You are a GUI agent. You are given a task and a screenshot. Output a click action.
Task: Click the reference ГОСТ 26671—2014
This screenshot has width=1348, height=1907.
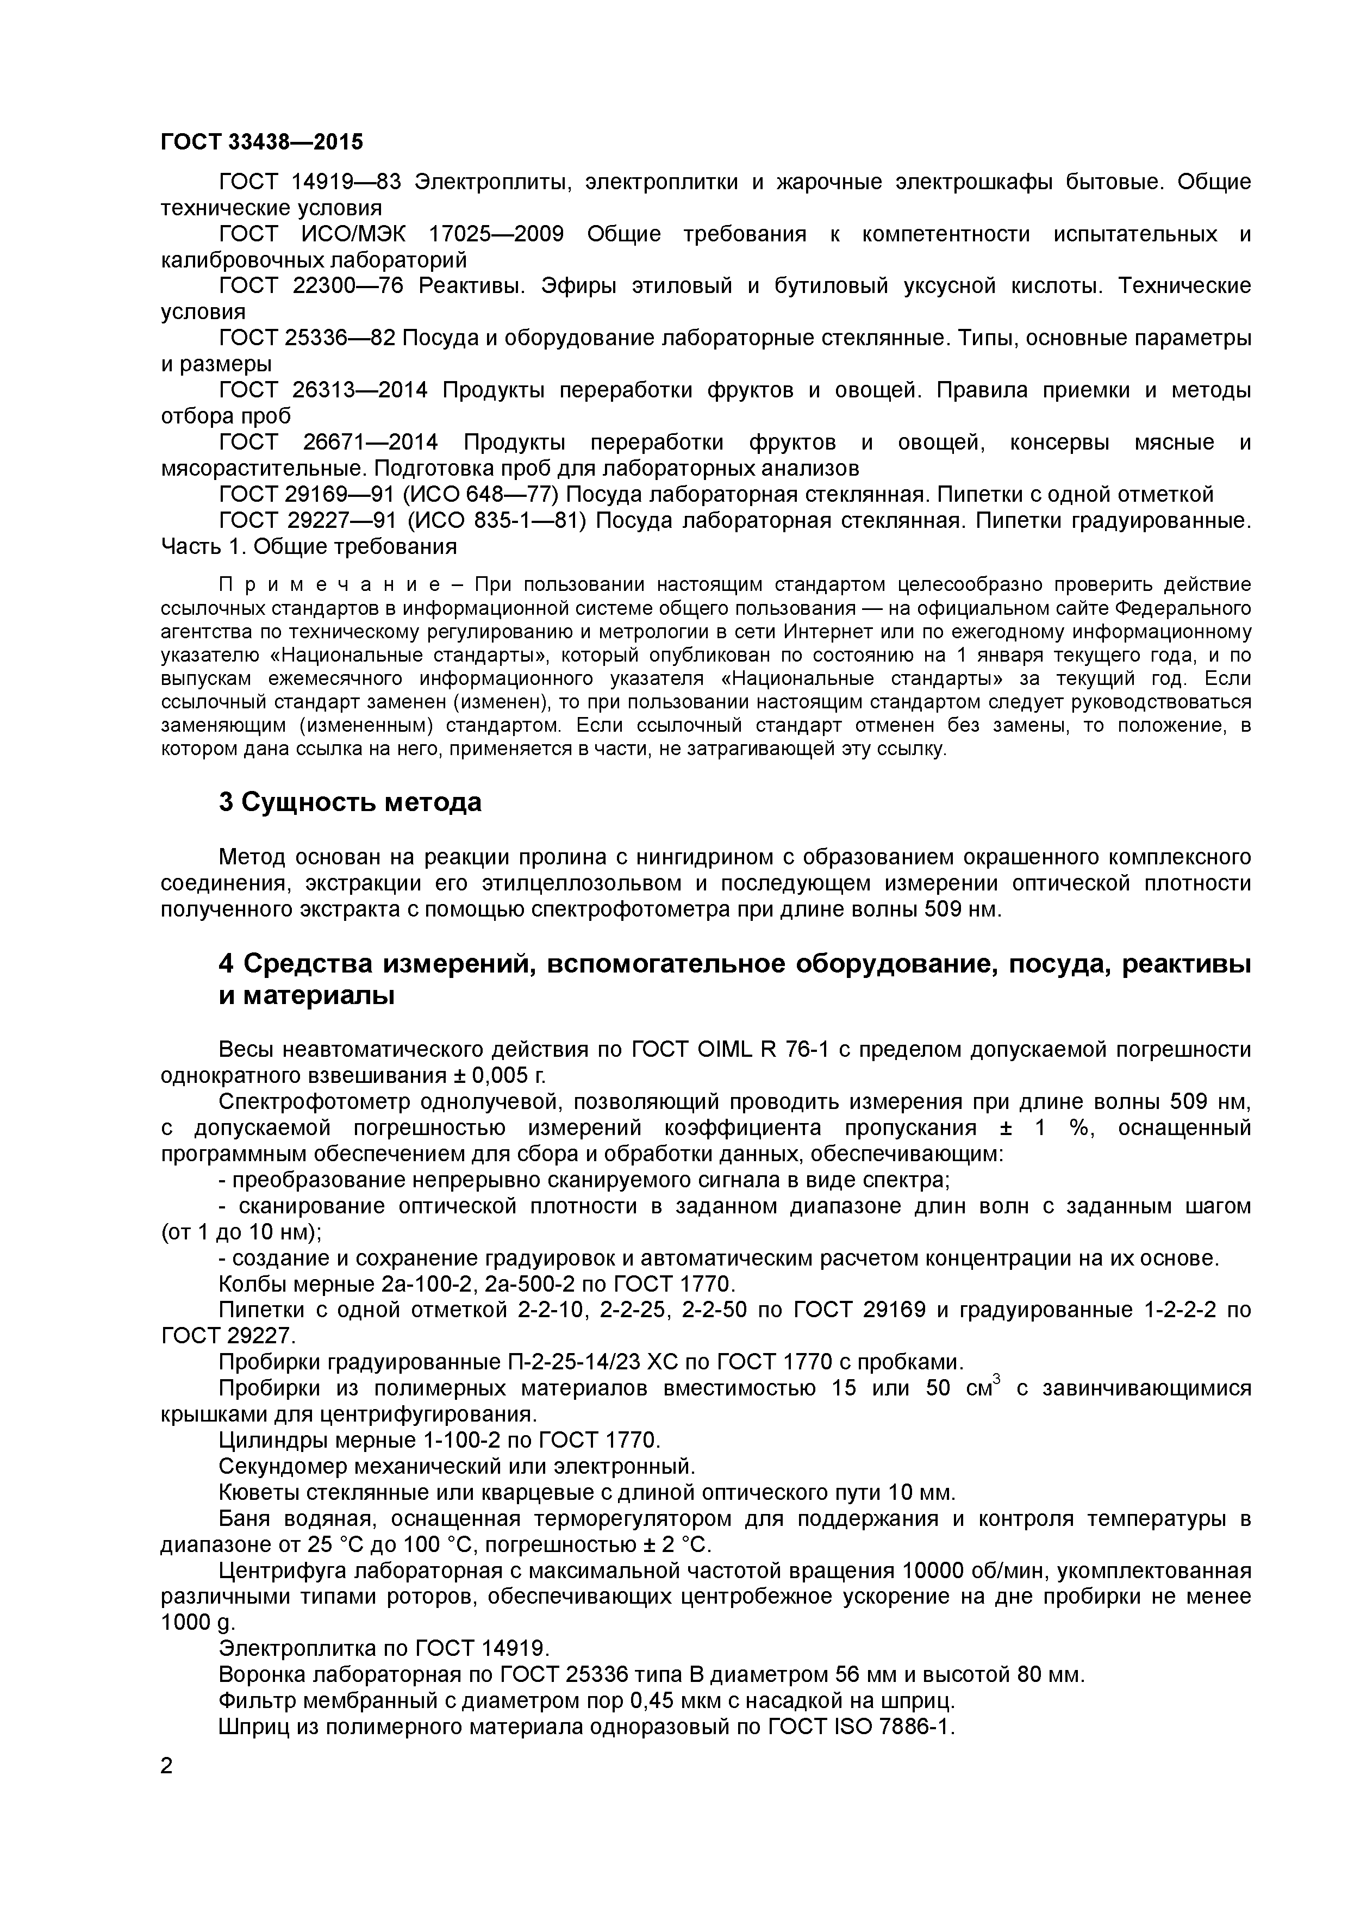[x=328, y=443]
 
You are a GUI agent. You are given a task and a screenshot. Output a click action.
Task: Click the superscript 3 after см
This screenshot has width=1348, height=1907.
[x=997, y=1380]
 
